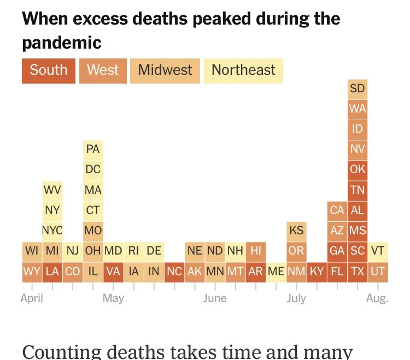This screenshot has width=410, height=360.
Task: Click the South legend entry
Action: click(x=49, y=70)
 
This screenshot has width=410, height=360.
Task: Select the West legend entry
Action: click(x=103, y=70)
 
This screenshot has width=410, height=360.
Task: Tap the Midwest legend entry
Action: click(x=165, y=70)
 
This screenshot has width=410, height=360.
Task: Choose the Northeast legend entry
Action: click(x=243, y=70)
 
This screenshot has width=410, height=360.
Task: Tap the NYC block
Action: click(x=52, y=231)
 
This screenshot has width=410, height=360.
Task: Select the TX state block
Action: click(x=358, y=272)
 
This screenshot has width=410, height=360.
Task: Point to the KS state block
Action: click(x=296, y=231)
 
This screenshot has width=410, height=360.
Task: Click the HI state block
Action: click(x=255, y=251)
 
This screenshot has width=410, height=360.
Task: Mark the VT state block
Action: click(x=378, y=251)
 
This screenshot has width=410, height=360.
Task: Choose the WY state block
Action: click(x=32, y=272)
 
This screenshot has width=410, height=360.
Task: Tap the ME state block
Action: click(x=276, y=272)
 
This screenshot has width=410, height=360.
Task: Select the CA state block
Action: click(x=337, y=210)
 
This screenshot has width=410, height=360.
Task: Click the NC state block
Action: click(x=174, y=272)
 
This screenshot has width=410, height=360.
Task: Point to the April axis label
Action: click(x=32, y=298)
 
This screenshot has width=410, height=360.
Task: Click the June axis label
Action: click(x=214, y=298)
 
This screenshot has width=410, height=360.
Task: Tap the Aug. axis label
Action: click(x=377, y=298)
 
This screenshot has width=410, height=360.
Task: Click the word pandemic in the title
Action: click(x=62, y=42)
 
